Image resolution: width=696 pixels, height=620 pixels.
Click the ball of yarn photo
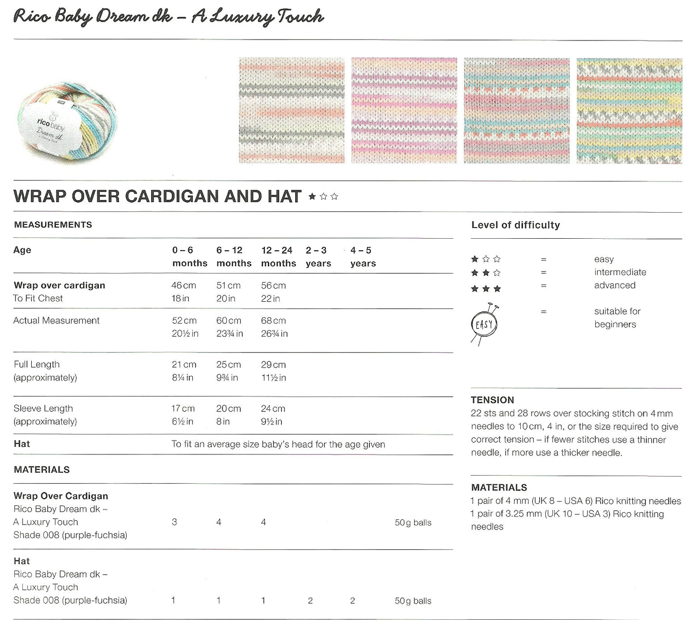coord(67,122)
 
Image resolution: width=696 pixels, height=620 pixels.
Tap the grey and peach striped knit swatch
coord(291,110)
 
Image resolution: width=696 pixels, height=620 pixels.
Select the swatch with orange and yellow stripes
coord(629,111)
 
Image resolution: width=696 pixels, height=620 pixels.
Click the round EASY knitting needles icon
coord(484,324)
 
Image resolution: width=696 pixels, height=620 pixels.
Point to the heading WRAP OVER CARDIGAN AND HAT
coord(158,196)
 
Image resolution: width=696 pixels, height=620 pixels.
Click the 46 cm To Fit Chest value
coord(184,285)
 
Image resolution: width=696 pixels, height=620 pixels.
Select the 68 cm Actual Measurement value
coord(273,321)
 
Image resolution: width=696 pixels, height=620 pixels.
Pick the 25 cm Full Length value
coord(228,365)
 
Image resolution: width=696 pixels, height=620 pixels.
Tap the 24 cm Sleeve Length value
coord(273,409)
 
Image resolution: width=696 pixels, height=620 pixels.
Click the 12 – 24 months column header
coord(278,257)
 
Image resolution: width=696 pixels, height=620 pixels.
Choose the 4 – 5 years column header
coord(363,257)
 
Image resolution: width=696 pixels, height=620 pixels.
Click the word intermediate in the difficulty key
coord(620,272)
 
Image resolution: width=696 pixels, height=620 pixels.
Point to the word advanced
coord(615,285)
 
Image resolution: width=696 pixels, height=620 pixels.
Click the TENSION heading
coord(492,400)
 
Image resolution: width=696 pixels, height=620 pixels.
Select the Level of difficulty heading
coord(515,225)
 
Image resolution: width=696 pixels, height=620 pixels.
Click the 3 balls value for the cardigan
coord(174,522)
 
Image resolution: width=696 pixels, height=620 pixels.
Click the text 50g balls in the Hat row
coord(413,601)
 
